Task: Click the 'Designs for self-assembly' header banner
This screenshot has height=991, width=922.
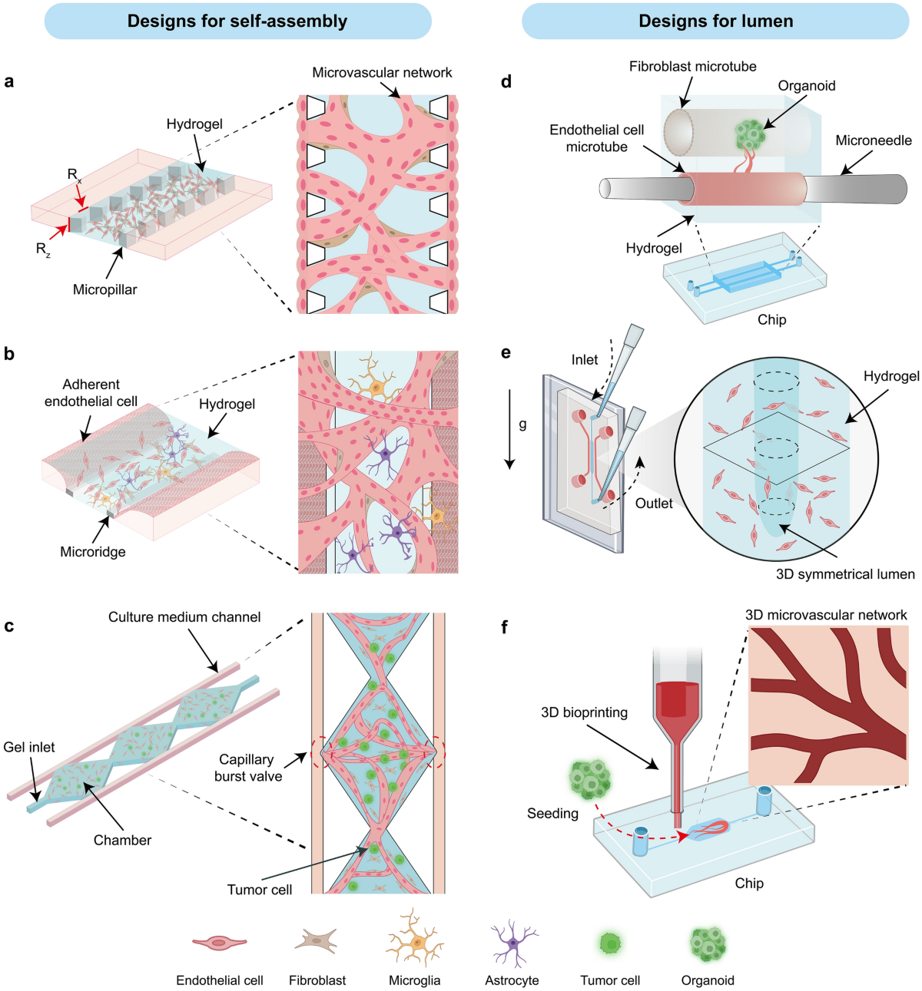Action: click(x=237, y=21)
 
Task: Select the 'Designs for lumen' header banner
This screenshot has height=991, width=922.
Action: click(x=715, y=21)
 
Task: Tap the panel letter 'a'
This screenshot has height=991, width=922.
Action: click(x=9, y=81)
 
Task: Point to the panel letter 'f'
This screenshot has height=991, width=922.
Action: click(x=505, y=627)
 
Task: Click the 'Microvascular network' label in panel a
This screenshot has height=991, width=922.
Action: click(x=382, y=73)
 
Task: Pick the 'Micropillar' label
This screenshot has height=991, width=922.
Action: click(x=105, y=289)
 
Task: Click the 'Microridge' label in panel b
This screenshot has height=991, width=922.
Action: click(x=93, y=551)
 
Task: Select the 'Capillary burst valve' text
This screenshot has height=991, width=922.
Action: click(x=247, y=768)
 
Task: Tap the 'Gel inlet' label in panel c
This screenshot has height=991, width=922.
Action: click(x=29, y=747)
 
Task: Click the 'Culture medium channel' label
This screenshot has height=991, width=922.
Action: click(x=184, y=617)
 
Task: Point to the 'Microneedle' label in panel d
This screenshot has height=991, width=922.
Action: click(x=874, y=140)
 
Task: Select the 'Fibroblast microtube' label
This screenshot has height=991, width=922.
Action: click(x=693, y=67)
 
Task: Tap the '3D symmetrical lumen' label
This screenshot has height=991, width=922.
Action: click(x=845, y=574)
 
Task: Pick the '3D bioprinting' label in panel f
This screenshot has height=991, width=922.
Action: click(x=584, y=712)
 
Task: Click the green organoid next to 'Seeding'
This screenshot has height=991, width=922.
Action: click(x=590, y=778)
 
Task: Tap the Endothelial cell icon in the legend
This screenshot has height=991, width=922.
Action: click(x=220, y=943)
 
